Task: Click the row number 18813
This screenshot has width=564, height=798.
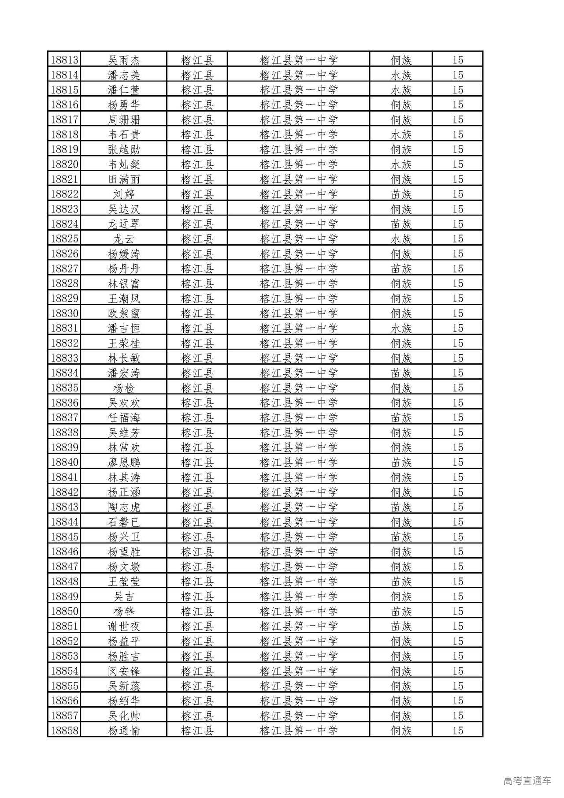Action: [x=64, y=60]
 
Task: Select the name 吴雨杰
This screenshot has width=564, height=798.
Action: [x=124, y=60]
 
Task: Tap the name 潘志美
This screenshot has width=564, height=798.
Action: [x=124, y=75]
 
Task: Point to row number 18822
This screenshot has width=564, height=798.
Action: [x=64, y=194]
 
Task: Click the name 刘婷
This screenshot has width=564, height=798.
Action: [x=124, y=194]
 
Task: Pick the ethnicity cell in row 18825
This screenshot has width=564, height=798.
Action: [x=401, y=239]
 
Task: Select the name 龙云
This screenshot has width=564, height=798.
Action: [x=124, y=239]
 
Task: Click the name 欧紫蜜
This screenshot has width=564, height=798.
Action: [x=124, y=313]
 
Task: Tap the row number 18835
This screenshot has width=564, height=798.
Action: [x=64, y=388]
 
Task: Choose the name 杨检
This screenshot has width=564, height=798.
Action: [x=124, y=388]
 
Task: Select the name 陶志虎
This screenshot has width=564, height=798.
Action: [x=124, y=507]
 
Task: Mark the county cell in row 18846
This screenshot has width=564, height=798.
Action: [x=197, y=552]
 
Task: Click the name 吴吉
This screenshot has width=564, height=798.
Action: [x=124, y=597]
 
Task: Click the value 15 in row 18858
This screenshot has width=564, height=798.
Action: [x=457, y=731]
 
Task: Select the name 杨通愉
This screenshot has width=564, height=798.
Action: [x=124, y=731]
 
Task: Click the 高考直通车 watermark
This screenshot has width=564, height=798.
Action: [x=527, y=781]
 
